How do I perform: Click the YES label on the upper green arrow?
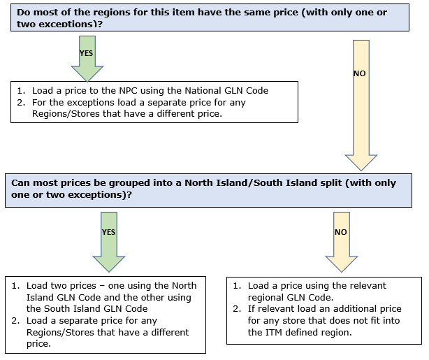click(x=86, y=53)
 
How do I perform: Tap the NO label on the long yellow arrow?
click(x=360, y=73)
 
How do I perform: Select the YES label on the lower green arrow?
click(x=108, y=232)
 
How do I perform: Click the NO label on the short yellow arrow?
click(x=341, y=232)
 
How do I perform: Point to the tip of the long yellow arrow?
click(x=361, y=171)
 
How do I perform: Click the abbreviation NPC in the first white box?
click(x=128, y=91)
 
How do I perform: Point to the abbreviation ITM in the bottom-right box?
click(x=274, y=332)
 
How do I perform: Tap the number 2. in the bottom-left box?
click(x=15, y=321)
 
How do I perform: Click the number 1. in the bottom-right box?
click(x=238, y=286)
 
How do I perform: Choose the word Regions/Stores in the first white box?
click(x=66, y=114)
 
